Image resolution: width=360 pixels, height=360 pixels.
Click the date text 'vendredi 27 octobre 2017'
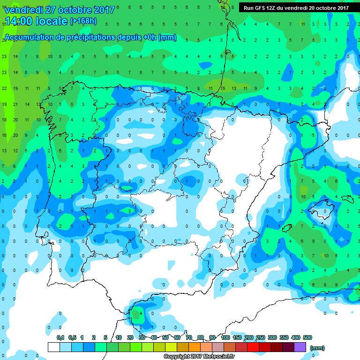pyautogui.click(x=59, y=10)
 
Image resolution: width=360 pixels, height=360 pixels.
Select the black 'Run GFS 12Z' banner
pyautogui.click(x=296, y=7)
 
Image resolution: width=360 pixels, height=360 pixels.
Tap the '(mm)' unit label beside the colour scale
pyautogui.click(x=317, y=348)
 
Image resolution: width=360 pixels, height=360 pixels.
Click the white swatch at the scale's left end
pyautogui.click(x=54, y=347)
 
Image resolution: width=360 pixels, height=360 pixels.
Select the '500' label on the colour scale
pyautogui.click(x=307, y=337)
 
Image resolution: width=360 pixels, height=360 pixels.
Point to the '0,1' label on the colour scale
pyautogui.click(x=60, y=337)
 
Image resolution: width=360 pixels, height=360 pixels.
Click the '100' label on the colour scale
pyautogui.click(x=225, y=337)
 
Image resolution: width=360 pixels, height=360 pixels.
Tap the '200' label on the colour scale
pyautogui.click(x=249, y=337)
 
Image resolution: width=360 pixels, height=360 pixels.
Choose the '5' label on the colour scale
pyautogui.click(x=106, y=337)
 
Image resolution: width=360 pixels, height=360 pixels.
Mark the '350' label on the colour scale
pyautogui.click(x=284, y=337)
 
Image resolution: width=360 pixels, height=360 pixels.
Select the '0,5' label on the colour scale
pyautogui.click(x=72, y=337)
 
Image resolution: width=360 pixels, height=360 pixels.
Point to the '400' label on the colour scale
pyautogui.click(x=296, y=337)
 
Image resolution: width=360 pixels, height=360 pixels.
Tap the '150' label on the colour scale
pyautogui.click(x=237, y=337)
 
